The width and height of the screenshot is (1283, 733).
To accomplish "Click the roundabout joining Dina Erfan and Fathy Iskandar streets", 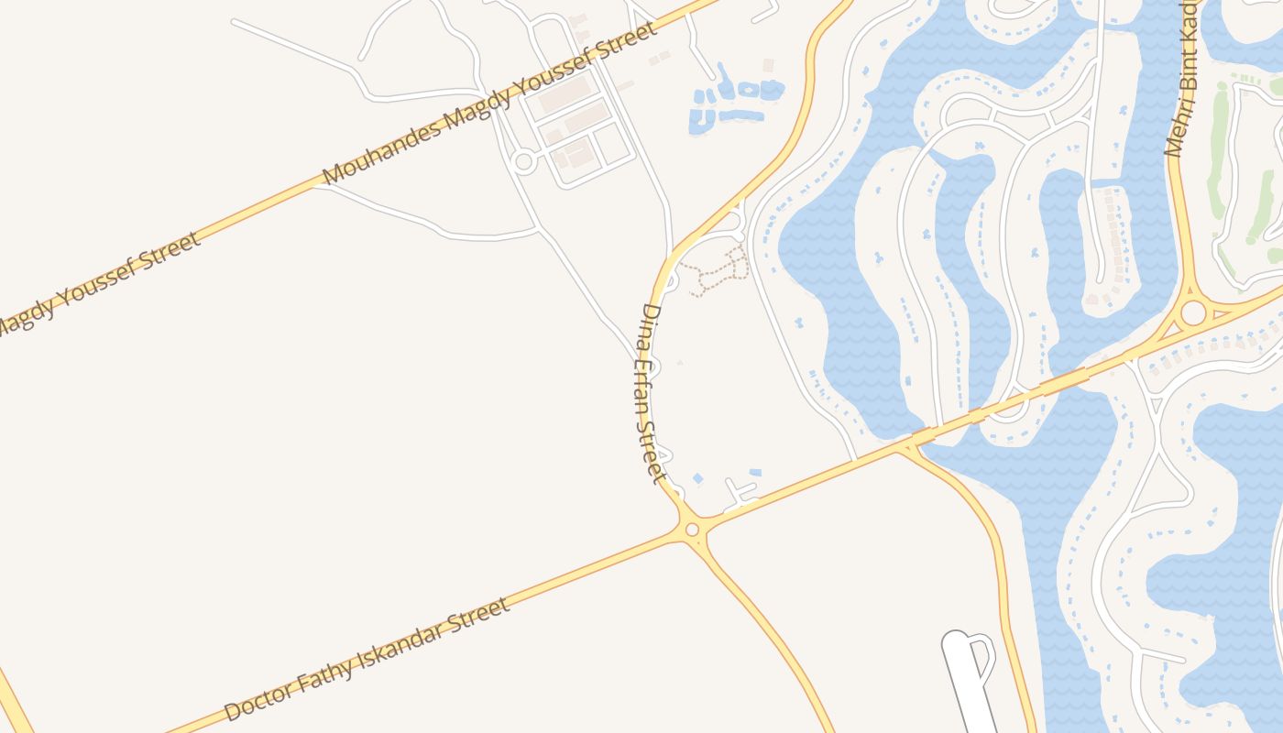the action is click(692, 529).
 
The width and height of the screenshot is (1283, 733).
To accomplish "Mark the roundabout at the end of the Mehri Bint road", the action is click(1192, 313).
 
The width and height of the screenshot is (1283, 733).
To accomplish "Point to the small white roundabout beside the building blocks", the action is click(524, 162).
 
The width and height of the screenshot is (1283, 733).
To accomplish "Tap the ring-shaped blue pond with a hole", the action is click(749, 90).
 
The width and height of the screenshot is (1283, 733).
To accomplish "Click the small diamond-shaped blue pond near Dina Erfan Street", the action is click(697, 478).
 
